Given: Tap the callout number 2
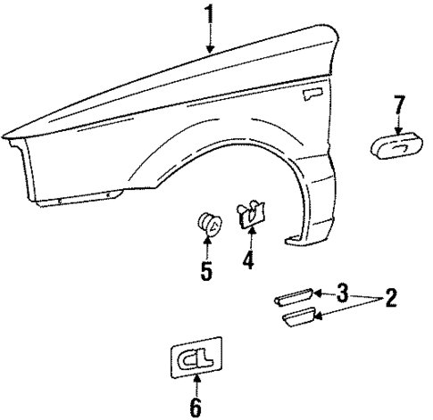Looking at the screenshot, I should point(389,299).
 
